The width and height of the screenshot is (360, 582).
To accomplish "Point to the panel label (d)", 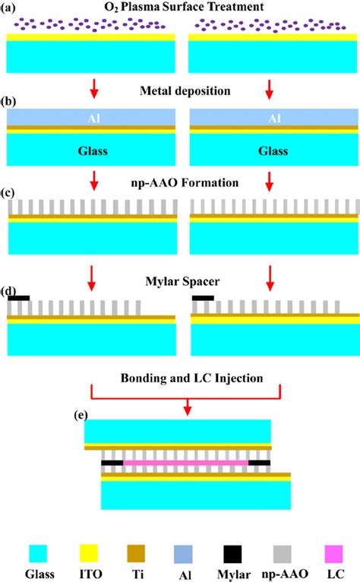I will [x=14, y=290].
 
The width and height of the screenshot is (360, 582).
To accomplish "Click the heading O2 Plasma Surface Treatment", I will [x=180, y=8].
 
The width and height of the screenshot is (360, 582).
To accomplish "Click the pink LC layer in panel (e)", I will [x=186, y=462].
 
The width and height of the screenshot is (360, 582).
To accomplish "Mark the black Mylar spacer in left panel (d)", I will [x=19, y=299].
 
